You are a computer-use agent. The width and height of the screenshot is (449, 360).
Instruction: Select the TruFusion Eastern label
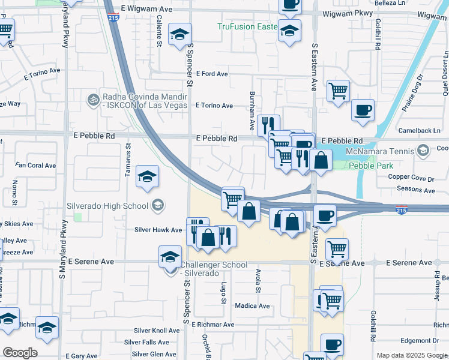tap(246, 27)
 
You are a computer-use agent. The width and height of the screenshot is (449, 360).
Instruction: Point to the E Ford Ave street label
tap(212, 74)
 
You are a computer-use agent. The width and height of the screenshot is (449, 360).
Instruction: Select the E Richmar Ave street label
tap(212, 325)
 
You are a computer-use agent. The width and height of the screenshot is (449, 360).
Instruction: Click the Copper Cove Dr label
tap(411, 178)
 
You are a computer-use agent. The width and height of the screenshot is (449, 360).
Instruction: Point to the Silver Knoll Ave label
tap(157, 331)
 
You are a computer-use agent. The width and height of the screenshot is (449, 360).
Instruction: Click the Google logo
tap(20, 353)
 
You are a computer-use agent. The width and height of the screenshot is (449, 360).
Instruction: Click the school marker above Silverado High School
tap(147, 176)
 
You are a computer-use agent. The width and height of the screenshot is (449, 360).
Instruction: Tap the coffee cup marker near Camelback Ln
tap(363, 111)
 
